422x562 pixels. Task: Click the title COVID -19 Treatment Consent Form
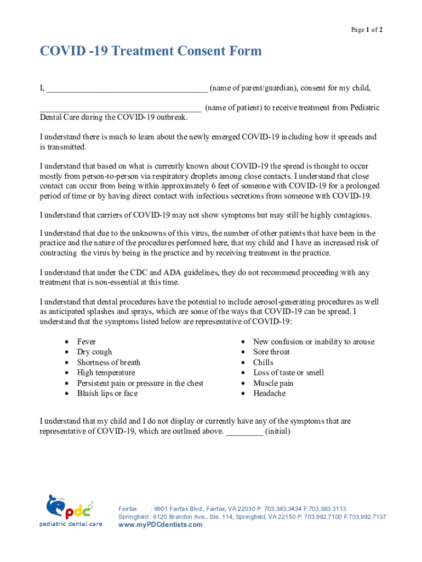coord(151,52)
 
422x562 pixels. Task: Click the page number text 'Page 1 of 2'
coord(367,30)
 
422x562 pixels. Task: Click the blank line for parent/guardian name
coord(127,89)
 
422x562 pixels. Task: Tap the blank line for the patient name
coord(121,110)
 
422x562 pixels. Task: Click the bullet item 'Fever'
coord(87,342)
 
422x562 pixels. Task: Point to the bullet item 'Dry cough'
coord(94,352)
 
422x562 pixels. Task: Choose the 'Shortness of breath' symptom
coord(109,363)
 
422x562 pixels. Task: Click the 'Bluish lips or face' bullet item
coord(107,394)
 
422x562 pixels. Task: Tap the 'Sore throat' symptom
coord(271,352)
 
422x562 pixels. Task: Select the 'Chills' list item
coord(263,363)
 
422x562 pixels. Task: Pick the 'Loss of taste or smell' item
coord(288,373)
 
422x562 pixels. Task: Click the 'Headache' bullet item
coord(269,394)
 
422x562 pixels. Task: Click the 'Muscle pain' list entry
coord(273,384)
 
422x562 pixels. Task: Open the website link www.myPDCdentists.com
coord(161,525)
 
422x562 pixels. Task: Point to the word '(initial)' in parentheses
coord(278,431)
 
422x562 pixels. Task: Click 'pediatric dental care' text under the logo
coord(70,524)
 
